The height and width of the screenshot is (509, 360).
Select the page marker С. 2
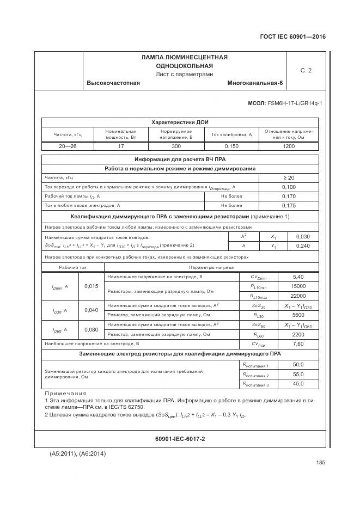click(306, 70)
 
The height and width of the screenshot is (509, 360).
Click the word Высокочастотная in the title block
click(113, 83)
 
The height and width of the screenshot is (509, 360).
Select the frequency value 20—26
click(68, 146)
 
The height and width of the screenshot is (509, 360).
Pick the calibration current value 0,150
click(231, 146)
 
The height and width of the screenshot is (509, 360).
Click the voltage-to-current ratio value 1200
click(289, 146)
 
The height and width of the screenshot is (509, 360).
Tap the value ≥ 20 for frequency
click(289, 177)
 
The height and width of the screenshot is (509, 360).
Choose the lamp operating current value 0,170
click(289, 196)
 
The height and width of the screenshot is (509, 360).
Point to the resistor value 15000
click(298, 286)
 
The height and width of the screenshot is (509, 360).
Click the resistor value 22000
click(298, 296)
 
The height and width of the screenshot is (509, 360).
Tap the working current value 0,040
click(91, 310)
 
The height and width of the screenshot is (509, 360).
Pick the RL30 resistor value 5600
click(298, 315)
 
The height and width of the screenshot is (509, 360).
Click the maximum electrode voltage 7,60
click(298, 344)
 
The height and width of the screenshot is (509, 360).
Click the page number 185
click(320, 463)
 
